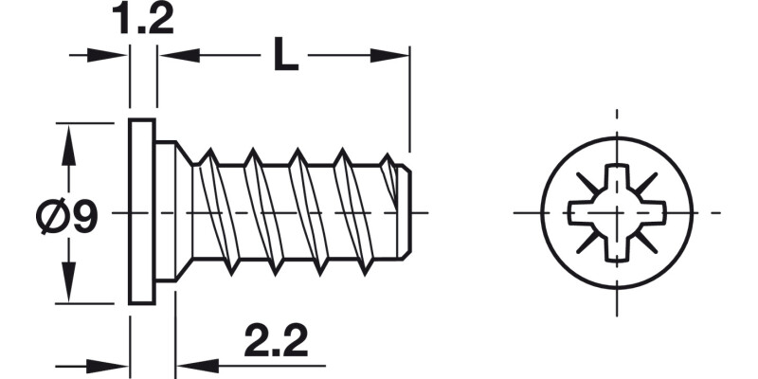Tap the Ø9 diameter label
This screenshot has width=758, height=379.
[65, 219]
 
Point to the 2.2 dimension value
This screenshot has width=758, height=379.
[275, 342]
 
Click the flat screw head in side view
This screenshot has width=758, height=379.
[141, 212]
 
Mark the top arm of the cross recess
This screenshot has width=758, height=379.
[616, 183]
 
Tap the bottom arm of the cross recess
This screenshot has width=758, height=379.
[616, 243]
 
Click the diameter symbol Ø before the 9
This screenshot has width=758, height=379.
[50, 219]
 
